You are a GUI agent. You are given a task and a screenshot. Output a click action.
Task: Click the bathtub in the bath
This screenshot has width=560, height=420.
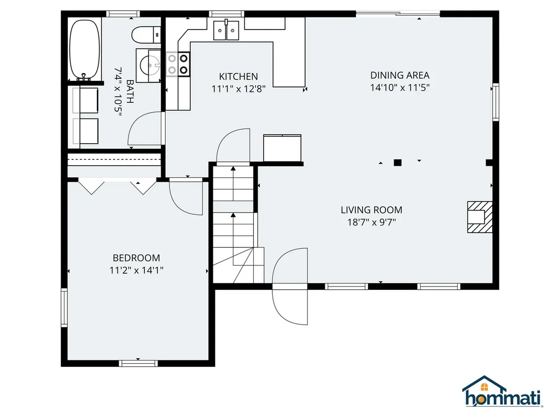[x=85, y=50]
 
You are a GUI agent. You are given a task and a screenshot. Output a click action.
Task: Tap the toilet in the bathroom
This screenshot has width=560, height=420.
[x=147, y=35]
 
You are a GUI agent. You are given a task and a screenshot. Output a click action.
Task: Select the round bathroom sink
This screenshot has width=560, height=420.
[x=150, y=66]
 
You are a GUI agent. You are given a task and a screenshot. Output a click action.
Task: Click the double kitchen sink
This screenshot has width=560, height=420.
[x=226, y=30]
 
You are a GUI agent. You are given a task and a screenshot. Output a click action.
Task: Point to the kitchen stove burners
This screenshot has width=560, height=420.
[x=178, y=64]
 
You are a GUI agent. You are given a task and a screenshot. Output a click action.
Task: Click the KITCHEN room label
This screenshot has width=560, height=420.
[x=238, y=77]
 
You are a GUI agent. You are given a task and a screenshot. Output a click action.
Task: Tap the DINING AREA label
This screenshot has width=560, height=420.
[x=400, y=75]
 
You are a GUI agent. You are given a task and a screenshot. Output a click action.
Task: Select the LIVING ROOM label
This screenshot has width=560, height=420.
[x=371, y=209]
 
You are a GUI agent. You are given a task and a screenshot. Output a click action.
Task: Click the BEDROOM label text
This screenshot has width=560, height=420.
[x=136, y=258]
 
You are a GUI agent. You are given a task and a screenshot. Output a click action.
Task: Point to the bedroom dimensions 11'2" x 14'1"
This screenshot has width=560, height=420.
[x=136, y=270]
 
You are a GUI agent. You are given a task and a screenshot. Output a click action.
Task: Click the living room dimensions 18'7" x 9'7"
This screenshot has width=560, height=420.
[x=372, y=222]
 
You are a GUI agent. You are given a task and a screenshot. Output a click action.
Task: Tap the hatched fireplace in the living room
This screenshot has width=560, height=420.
[x=480, y=217]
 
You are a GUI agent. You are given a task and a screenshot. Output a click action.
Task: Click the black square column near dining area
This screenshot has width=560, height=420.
[x=398, y=163]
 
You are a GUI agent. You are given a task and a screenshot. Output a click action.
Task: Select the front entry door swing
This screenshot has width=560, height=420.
[x=290, y=286]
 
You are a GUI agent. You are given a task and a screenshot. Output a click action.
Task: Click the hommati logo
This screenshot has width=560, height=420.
[x=503, y=392]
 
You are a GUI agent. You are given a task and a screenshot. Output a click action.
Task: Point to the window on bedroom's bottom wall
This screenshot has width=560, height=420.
[x=138, y=363]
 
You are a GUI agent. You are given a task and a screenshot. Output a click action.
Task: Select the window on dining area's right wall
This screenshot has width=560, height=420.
[x=495, y=102]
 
